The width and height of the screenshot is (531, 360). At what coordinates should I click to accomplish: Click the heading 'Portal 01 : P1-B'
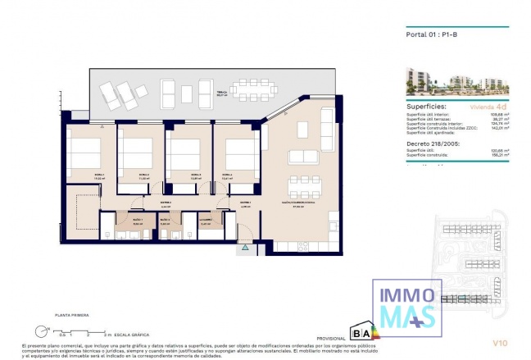tap(432, 34)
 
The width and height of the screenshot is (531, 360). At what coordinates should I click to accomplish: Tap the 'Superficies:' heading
tap(427, 107)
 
